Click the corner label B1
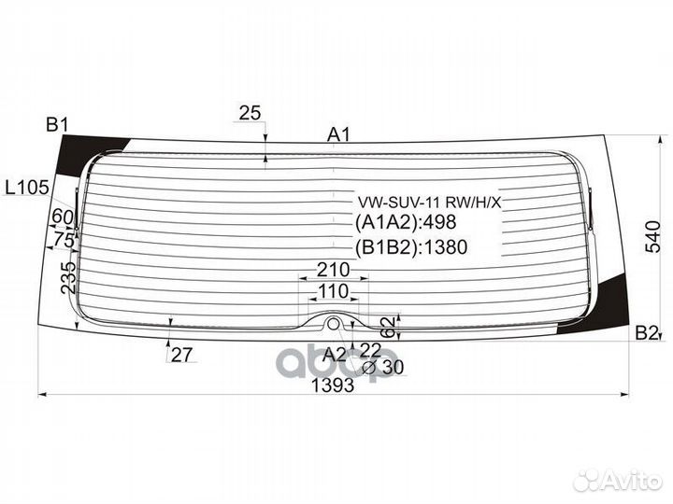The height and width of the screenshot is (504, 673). click(x=57, y=125)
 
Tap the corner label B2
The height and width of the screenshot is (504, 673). click(x=647, y=333)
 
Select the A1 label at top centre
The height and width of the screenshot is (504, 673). click(x=338, y=135)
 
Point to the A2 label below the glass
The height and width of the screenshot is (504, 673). click(x=335, y=355)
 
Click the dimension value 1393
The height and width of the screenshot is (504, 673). click(x=333, y=385)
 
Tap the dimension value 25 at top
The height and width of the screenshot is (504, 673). click(x=250, y=113)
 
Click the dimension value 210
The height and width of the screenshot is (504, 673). click(x=333, y=270)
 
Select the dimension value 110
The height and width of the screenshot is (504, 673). click(x=333, y=291)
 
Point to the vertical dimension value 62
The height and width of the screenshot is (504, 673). click(x=387, y=328)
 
